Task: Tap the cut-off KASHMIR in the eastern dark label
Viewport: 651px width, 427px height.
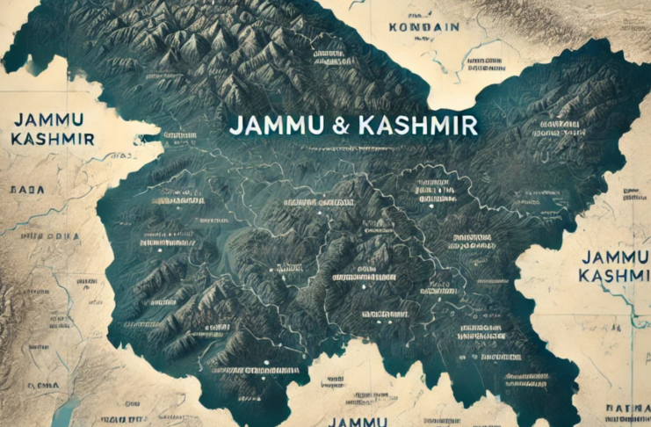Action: pos(615,276)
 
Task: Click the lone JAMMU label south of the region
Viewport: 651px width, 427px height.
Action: pos(357,421)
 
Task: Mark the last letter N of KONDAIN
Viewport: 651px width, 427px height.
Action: pos(454,27)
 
